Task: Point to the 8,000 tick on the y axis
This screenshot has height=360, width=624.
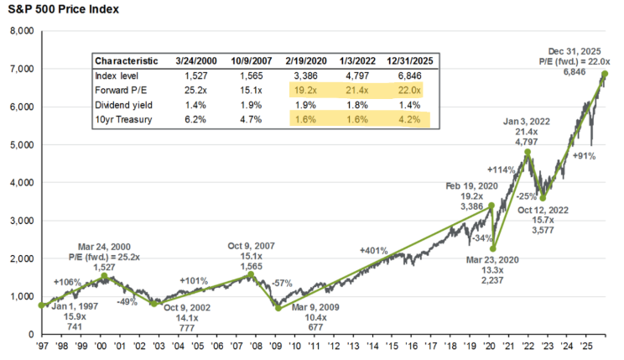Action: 18,31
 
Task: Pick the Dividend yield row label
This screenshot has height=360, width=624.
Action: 122,104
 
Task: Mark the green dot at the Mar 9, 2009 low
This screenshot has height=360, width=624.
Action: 278,308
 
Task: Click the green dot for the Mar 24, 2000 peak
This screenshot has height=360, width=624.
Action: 104,276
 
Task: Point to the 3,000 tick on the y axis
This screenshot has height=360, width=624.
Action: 18,220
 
